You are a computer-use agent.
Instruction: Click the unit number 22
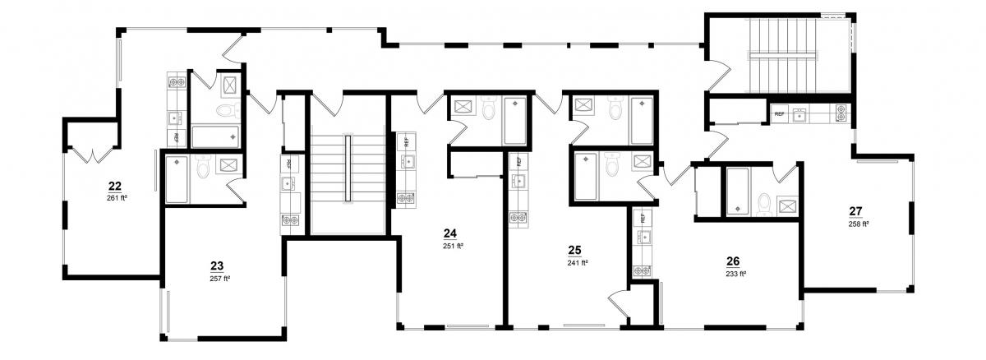(115, 186)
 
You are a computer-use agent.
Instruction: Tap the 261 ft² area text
(117, 198)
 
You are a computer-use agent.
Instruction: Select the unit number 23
(217, 265)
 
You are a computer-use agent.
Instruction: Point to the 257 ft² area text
(220, 278)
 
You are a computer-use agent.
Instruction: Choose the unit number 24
(450, 233)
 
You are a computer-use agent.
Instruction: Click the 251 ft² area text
(453, 246)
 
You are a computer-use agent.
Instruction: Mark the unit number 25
(574, 251)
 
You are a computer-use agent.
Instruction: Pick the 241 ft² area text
(578, 263)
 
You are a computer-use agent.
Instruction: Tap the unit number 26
(733, 261)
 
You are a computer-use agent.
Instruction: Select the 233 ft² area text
(736, 274)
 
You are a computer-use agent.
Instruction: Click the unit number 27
(855, 211)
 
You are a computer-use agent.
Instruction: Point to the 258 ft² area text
(859, 224)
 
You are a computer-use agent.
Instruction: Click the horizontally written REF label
(780, 114)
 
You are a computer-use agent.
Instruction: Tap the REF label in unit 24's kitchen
(406, 141)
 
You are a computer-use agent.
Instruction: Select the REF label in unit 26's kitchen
(643, 218)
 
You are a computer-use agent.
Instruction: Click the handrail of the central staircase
(348, 168)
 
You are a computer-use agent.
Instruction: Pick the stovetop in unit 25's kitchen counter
(519, 218)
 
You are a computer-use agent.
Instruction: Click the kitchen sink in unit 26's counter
(643, 238)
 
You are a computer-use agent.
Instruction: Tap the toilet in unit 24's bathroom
(489, 109)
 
